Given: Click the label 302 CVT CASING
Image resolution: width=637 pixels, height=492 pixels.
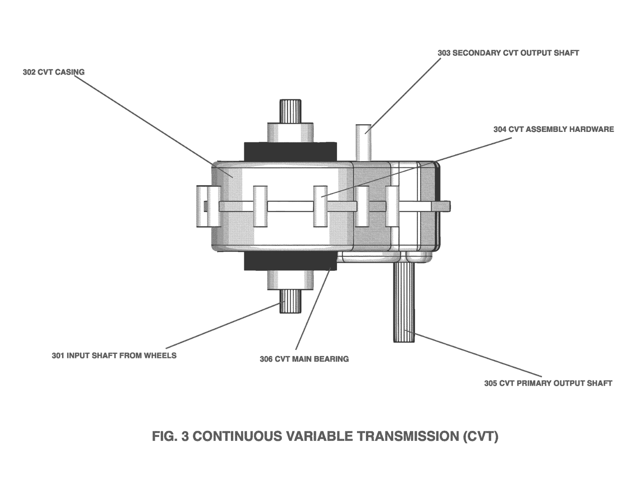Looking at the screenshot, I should coord(53,72).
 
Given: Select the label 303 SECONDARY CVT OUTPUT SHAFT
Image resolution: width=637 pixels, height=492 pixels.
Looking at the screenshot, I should coord(508,53).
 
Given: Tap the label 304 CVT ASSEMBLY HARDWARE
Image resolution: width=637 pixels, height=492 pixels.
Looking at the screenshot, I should coord(553,129).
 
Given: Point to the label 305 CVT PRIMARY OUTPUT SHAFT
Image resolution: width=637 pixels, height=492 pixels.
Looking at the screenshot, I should coord(548,384).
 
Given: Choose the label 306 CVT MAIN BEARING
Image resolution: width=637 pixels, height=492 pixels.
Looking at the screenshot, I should coord(304,359).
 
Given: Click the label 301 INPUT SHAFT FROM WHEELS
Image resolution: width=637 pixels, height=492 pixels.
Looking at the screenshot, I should coord(114,356).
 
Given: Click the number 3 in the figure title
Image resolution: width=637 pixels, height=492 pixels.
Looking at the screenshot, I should coord(185,437).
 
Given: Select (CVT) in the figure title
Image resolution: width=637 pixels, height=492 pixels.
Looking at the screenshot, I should coord(481,437).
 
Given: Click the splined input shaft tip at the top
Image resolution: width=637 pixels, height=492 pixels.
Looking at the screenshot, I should coord(290,111).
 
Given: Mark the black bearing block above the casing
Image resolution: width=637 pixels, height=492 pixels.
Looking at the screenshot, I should coord(290,152).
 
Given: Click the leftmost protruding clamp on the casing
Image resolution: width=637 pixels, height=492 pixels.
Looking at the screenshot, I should coord(208,206).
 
